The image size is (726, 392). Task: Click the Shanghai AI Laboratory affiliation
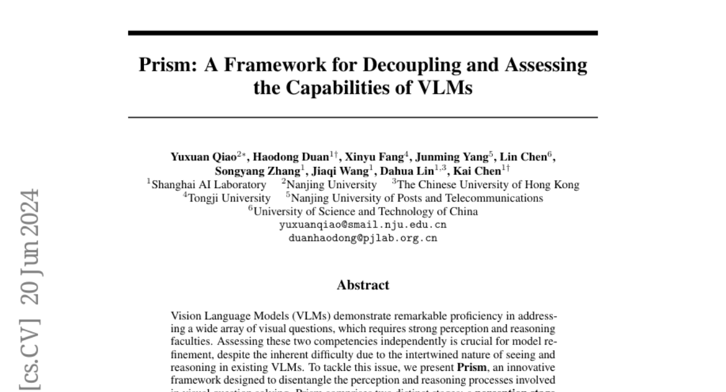point(208,185)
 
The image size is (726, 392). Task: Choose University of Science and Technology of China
point(365,212)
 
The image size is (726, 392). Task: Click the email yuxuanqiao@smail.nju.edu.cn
point(363,225)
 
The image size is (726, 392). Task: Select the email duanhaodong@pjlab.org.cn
point(363,238)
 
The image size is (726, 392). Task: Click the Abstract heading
point(363,285)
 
